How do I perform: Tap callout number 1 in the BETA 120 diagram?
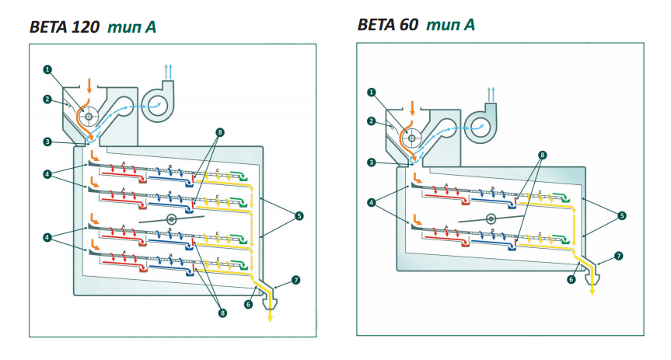47,69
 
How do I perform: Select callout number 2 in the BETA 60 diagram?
371,121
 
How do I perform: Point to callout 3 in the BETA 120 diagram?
47,142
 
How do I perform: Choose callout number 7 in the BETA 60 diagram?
619,255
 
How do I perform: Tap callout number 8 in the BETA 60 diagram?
542,155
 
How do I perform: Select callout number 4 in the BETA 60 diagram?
371,202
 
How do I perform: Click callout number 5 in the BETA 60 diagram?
622,215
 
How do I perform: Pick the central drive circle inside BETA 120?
171,220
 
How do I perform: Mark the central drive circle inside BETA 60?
491,219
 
